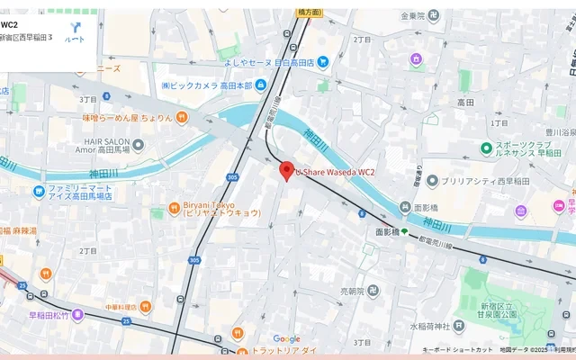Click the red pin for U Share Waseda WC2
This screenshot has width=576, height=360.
[287, 170]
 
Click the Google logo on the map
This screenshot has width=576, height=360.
[287, 339]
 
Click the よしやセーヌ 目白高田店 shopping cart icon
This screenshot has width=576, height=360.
[323, 62]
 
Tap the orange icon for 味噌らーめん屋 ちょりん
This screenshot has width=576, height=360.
[182, 117]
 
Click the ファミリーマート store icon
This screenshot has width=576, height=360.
[39, 191]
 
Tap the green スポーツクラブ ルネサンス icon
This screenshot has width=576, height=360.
[486, 148]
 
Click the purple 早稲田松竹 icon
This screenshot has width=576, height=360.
[77, 314]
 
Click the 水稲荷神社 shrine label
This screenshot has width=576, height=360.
[433, 326]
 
